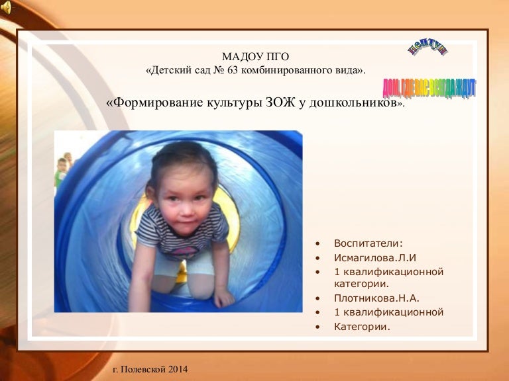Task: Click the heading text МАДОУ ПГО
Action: click(x=255, y=56)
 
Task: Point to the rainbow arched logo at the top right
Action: click(x=427, y=48)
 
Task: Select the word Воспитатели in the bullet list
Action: click(x=368, y=243)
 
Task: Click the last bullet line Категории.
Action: click(x=362, y=326)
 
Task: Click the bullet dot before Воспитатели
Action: click(x=319, y=243)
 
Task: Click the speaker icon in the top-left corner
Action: click(x=6, y=7)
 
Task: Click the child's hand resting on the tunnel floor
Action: click(x=223, y=298)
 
